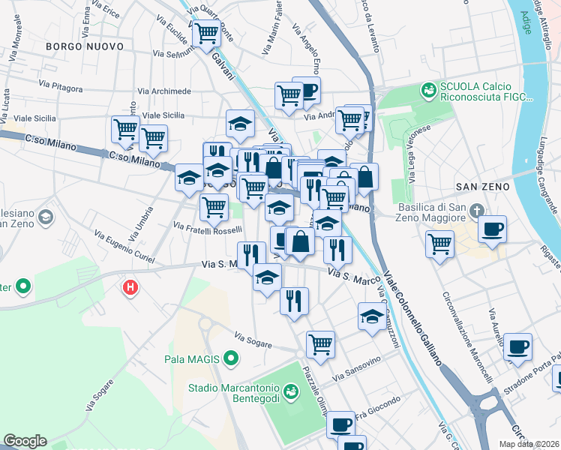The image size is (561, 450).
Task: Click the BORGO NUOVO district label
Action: tap(84, 46)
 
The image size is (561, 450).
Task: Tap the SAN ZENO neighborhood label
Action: tap(481, 186)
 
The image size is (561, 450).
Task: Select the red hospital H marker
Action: tap(130, 286)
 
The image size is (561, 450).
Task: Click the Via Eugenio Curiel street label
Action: tap(124, 247)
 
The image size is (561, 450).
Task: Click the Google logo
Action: tap(25, 441)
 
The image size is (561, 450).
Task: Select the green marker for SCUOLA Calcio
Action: tap(428, 91)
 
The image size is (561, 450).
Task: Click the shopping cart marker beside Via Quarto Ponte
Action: tap(206, 32)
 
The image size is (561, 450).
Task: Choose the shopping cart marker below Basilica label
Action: tap(439, 242)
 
